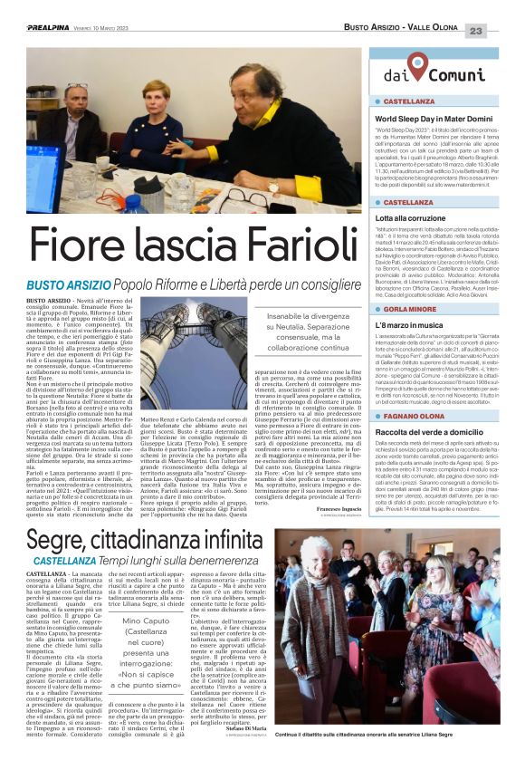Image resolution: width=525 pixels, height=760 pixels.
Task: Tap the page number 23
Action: click(502, 31)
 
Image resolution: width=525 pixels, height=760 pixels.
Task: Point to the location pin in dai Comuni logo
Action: click(416, 64)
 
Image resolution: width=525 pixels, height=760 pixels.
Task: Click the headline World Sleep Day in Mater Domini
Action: click(433, 119)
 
